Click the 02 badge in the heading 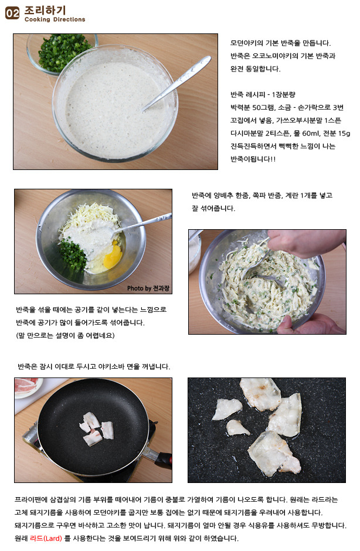12,13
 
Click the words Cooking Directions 55,20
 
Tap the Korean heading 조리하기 45,10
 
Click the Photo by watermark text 148,288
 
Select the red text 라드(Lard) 46,538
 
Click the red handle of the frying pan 164,460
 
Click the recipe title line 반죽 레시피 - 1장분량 263,94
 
